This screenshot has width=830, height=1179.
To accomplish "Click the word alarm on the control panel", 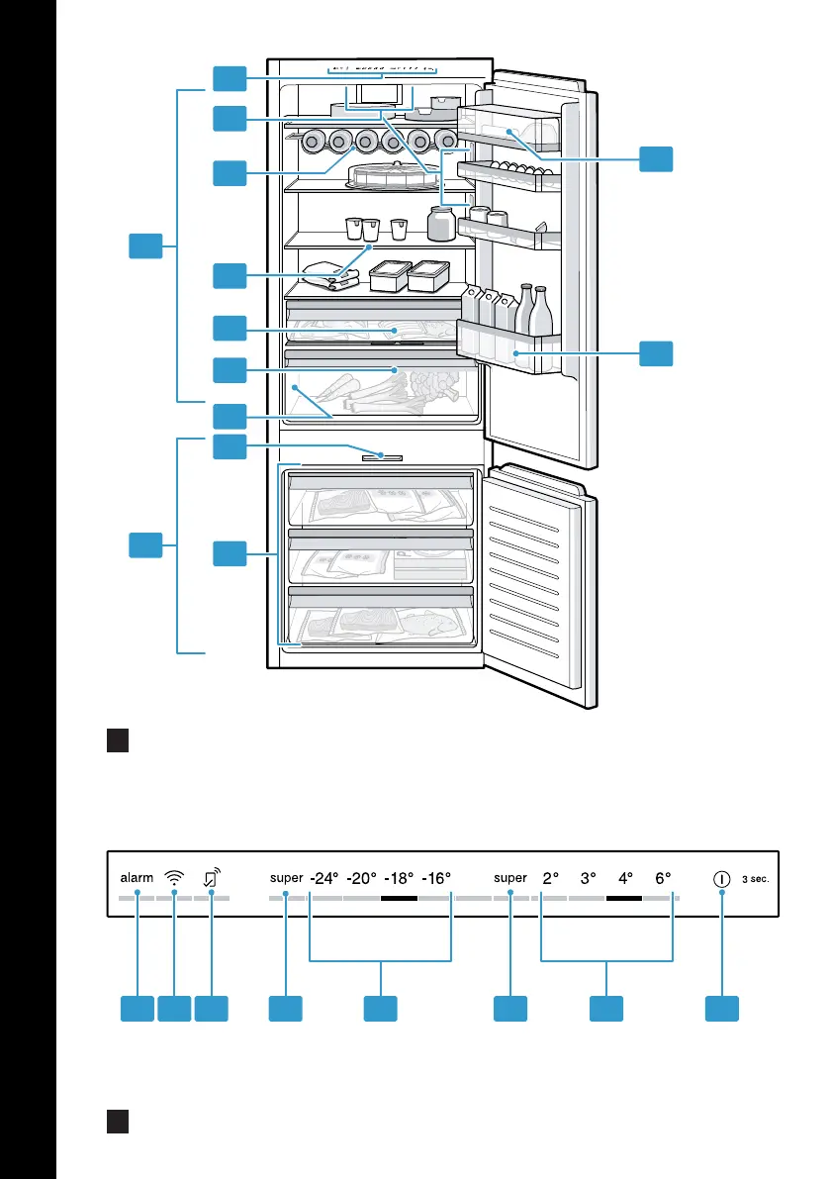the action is [137, 877].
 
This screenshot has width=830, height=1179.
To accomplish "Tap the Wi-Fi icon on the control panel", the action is [174, 877].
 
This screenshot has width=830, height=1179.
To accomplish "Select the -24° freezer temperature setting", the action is [324, 878].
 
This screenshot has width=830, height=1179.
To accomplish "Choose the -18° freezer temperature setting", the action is [399, 878].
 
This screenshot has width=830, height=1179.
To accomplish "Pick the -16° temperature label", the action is [436, 878].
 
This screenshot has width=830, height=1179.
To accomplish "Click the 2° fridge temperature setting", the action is [551, 878].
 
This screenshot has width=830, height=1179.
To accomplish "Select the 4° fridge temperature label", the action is [625, 878].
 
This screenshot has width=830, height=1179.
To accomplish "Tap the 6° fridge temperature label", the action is [663, 878].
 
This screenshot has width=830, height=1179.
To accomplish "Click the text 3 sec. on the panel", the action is [756, 879].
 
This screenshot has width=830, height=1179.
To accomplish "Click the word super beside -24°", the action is [286, 878].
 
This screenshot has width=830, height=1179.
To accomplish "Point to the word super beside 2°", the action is [510, 878].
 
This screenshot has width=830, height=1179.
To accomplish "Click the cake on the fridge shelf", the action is [395, 176].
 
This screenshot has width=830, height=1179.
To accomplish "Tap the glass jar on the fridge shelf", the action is [441, 224].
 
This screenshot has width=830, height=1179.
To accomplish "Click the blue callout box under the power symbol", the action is [722, 1009].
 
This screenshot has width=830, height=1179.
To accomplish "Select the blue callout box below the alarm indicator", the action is [138, 1009].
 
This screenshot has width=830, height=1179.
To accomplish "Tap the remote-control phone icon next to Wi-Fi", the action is [212, 877].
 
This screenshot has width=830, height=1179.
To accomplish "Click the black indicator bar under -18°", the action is [399, 898].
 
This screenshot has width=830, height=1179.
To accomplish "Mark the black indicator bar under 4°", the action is [624, 898].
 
